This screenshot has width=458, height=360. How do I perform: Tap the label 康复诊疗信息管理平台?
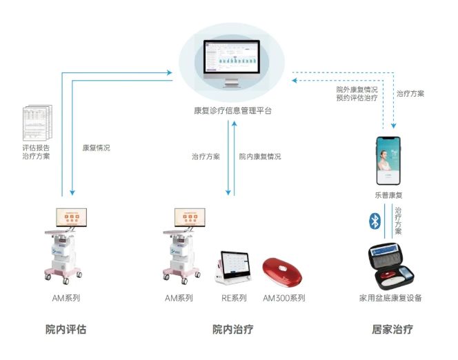click(x=232, y=110)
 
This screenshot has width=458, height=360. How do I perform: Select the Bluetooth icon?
click(x=376, y=221)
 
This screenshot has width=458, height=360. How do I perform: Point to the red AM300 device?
click(x=283, y=272)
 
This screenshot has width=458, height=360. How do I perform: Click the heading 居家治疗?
click(x=392, y=329)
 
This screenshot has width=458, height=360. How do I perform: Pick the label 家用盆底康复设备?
click(x=390, y=298)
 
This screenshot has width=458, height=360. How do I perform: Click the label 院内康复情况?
click(x=260, y=157)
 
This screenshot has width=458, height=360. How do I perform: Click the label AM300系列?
click(x=283, y=298)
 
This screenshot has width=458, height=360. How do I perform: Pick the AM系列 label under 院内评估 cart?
click(x=66, y=298)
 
